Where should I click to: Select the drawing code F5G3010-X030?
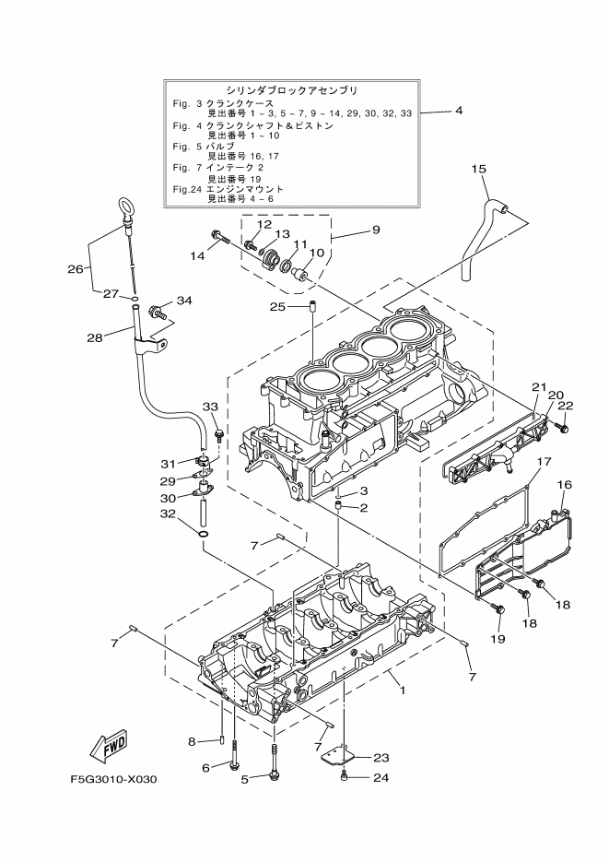[113, 779]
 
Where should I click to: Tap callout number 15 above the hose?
[479, 169]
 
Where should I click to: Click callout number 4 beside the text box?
[458, 111]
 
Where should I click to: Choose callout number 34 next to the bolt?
[184, 301]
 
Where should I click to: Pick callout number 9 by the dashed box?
[376, 230]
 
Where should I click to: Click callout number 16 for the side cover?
[565, 484]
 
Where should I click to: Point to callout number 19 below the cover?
[498, 638]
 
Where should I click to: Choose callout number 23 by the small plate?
[381, 757]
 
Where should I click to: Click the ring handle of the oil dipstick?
[124, 205]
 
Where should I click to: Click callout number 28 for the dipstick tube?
[94, 337]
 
